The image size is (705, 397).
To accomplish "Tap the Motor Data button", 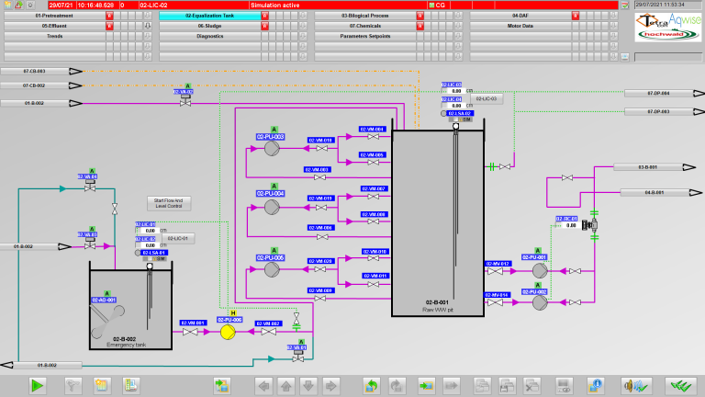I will point(521,26).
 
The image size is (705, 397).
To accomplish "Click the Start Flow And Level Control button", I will point(169,203).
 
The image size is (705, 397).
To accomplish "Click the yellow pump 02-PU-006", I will point(228,332).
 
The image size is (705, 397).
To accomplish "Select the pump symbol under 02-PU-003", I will point(272,148).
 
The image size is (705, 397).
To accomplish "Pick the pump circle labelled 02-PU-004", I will point(272,207).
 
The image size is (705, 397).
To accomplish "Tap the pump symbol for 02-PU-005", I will point(272,270).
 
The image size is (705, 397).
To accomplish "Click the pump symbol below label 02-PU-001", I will point(540,270).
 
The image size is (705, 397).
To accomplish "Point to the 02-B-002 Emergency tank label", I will point(124,341).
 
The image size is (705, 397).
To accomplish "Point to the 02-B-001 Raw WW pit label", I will point(436,305).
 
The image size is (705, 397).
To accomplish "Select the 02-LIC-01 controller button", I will point(179,239).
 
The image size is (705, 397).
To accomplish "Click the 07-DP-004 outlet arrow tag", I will point(659,93).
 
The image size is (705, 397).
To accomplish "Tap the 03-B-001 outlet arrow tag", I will point(653,167).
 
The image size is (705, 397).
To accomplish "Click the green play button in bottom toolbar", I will point(37,384).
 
